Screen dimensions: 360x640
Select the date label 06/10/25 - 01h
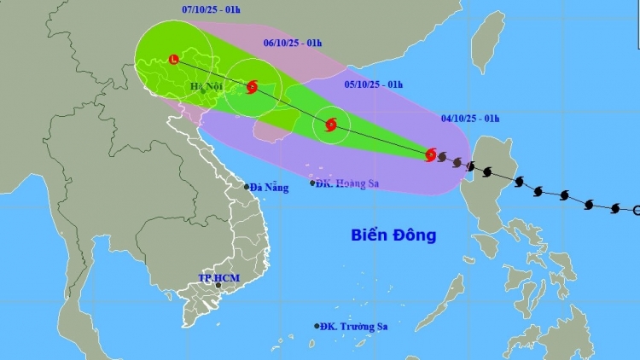tap(291, 42)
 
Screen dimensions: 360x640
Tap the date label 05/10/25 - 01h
tap(374, 84)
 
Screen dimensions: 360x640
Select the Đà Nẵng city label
tap(270, 187)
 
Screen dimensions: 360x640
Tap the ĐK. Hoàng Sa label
tap(347, 183)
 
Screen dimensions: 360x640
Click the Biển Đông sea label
tap(393, 235)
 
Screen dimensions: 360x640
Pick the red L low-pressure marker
tap(174, 60)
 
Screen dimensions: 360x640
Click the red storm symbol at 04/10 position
tap(431, 154)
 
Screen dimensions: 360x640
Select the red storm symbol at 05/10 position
tap(331, 126)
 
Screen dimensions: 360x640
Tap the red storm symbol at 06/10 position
tap(253, 86)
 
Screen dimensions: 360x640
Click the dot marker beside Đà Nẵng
tap(247, 187)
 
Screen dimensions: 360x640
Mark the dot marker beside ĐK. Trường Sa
tap(317, 326)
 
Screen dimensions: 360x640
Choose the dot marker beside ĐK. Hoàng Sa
tap(311, 183)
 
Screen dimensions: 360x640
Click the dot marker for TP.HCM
tap(218, 286)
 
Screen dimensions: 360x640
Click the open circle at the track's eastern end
tap(637, 210)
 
